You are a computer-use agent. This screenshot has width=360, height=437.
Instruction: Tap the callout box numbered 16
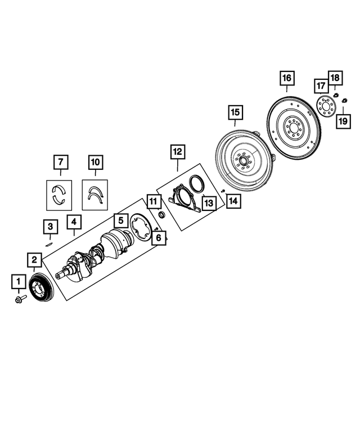pos(287,77)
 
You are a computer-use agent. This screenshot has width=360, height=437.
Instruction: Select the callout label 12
pos(178,151)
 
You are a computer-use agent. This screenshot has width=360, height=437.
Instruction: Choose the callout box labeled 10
pos(96,162)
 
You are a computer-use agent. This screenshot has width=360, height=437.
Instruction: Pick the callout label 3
pos(50,227)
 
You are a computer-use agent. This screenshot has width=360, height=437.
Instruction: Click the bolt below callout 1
pos(21,299)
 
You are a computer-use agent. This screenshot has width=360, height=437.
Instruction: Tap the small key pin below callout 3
pos(49,244)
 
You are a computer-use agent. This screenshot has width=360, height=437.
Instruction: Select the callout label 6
pos(158,238)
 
